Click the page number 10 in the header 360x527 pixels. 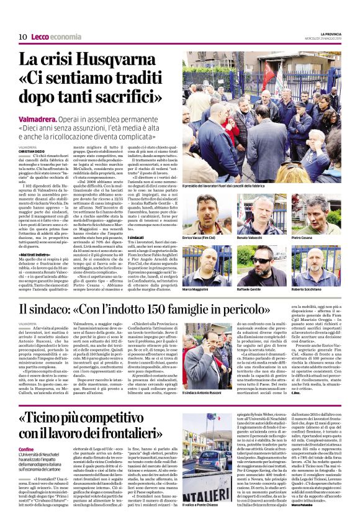22,38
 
